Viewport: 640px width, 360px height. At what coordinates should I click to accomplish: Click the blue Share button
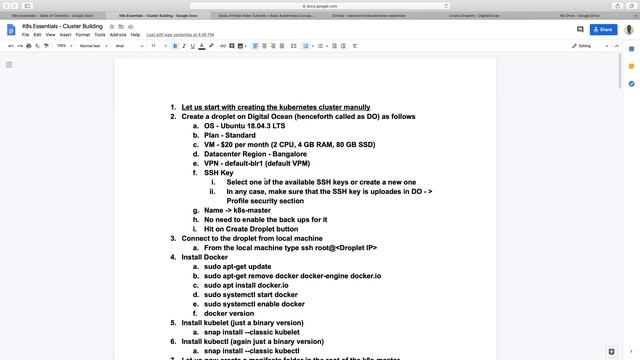(x=602, y=30)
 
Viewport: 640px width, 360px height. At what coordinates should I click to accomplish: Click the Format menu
(x=84, y=34)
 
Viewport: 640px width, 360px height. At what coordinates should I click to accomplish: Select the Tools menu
(x=100, y=34)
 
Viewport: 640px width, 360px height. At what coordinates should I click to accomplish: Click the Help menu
(x=136, y=34)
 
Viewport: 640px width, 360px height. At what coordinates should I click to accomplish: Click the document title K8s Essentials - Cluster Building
(x=66, y=25)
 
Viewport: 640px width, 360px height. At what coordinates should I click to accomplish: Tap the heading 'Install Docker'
(x=204, y=257)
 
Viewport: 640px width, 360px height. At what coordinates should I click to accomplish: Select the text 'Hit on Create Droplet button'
(x=250, y=229)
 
